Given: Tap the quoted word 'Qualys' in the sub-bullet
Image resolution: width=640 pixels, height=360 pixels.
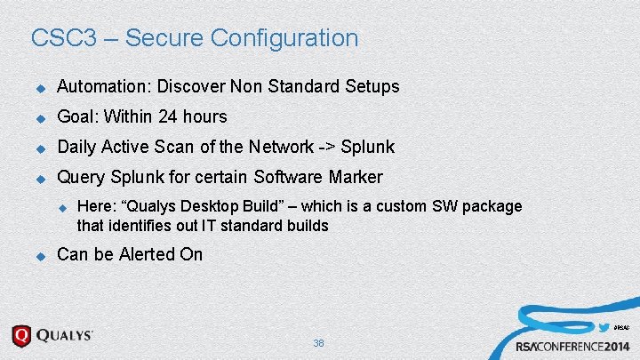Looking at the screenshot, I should tap(148, 206).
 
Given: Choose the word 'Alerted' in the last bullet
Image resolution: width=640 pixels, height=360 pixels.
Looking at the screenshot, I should tap(148, 255).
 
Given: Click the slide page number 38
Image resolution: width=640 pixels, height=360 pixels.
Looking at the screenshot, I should tap(319, 343).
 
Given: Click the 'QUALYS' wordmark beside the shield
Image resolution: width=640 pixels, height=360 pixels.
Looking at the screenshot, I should tap(64, 336).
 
